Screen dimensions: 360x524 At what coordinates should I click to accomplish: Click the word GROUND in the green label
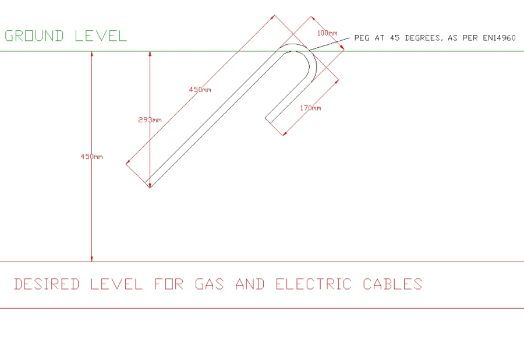[x=34, y=36]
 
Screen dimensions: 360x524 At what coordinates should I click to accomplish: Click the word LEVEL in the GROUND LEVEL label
[x=100, y=36]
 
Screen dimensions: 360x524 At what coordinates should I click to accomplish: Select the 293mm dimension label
[x=150, y=119]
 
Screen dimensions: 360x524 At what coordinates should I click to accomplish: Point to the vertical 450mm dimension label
[x=91, y=157]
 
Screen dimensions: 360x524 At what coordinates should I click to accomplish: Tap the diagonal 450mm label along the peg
[x=200, y=90]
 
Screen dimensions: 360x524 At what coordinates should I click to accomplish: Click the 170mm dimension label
[x=310, y=108]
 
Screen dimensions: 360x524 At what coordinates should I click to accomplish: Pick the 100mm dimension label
[x=327, y=33]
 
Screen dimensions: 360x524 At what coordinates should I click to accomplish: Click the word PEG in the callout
[x=361, y=38]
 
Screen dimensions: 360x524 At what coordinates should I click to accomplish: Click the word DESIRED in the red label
[x=47, y=284]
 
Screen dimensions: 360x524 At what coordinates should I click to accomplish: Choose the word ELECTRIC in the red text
[x=313, y=284]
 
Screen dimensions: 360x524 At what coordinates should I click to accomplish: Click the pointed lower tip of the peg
[x=150, y=186]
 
